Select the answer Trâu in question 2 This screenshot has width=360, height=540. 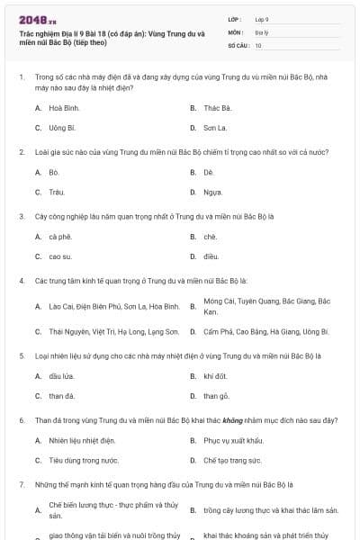pos(56,192)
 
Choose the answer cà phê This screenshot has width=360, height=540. pos(59,237)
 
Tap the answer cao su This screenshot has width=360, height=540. pos(59,256)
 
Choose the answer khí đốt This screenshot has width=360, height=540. pos(214,375)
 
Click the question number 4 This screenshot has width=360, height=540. pos(21,280)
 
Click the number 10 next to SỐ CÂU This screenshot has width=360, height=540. pos(258,44)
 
